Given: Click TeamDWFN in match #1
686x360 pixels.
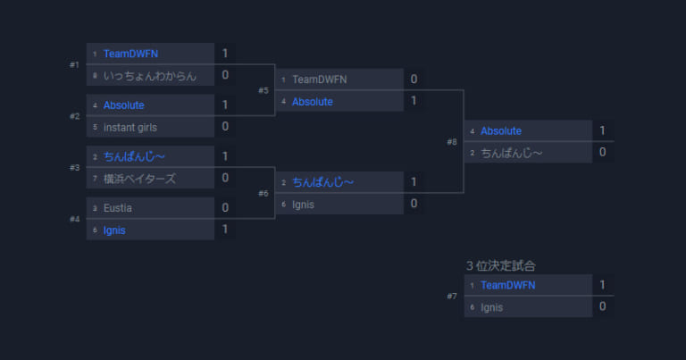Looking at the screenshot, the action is click(x=130, y=54).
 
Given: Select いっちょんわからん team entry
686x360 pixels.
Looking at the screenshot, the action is click(x=150, y=76).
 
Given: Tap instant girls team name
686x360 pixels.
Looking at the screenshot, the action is click(x=130, y=127).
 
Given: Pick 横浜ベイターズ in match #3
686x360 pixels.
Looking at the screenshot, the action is click(x=139, y=179).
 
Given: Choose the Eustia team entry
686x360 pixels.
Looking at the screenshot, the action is click(x=117, y=208).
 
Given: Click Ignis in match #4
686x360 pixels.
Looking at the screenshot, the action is click(x=114, y=230).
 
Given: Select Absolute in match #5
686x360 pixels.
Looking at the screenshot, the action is click(x=313, y=102).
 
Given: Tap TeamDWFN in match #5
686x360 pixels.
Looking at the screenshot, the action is click(x=320, y=80).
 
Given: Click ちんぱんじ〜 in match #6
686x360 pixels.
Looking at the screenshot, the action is click(x=322, y=182).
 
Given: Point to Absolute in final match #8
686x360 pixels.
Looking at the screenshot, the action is click(x=501, y=130).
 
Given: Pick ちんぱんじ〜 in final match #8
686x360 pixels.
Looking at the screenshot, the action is click(x=512, y=153).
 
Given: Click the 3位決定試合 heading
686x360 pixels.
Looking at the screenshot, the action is click(x=500, y=265).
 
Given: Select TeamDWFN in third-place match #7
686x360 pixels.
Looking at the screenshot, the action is click(x=508, y=285).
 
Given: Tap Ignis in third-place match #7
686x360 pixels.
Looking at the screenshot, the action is click(x=492, y=307).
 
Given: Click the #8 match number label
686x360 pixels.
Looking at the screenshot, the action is click(x=452, y=142).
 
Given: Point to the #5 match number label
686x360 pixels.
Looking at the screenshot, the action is click(x=264, y=90).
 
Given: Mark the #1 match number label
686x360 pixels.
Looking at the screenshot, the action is click(x=74, y=64).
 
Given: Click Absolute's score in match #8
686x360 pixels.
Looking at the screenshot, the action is click(x=602, y=130).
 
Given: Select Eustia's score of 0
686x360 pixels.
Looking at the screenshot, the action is click(x=225, y=207).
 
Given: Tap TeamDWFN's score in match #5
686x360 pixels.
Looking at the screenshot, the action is click(x=414, y=80).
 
